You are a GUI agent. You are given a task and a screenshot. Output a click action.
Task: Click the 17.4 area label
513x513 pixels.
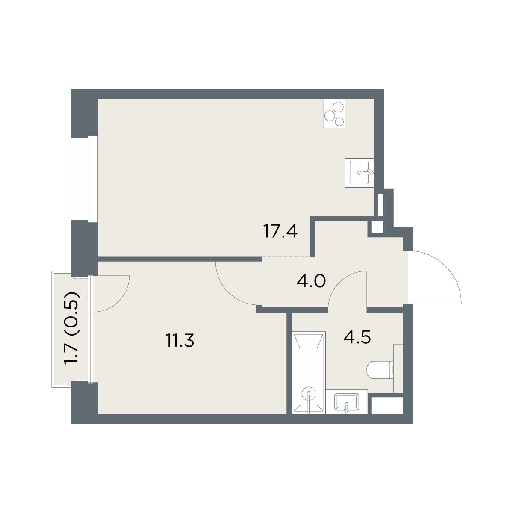pyautogui.click(x=280, y=231)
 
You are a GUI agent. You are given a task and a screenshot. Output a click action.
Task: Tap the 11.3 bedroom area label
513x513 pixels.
pyautogui.click(x=180, y=340)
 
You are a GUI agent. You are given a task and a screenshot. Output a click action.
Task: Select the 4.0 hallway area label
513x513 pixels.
pyautogui.click(x=311, y=281)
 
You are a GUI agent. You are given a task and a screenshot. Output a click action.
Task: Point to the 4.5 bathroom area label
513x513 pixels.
pyautogui.click(x=357, y=338)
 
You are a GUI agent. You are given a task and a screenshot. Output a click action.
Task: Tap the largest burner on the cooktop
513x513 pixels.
pyautogui.click(x=339, y=107)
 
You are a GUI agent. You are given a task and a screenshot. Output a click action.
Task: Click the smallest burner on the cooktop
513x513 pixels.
pyautogui.click(x=339, y=122)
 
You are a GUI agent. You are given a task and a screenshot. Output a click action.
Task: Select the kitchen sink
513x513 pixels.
pyautogui.click(x=359, y=173)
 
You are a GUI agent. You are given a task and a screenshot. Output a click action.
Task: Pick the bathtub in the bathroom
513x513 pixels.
pyautogui.click(x=309, y=373)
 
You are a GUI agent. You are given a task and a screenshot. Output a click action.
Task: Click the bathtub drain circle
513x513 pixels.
pyautogui.click(x=309, y=393)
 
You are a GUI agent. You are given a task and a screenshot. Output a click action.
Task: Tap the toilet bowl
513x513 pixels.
pyautogui.click(x=380, y=370)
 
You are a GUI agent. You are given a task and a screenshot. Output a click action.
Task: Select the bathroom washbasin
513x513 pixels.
pyautogui.click(x=346, y=402)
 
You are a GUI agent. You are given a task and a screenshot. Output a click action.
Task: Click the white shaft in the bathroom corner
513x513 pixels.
pyautogui.click(x=387, y=405)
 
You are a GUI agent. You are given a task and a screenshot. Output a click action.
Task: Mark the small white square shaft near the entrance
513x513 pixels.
pyautogui.click(x=377, y=227)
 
